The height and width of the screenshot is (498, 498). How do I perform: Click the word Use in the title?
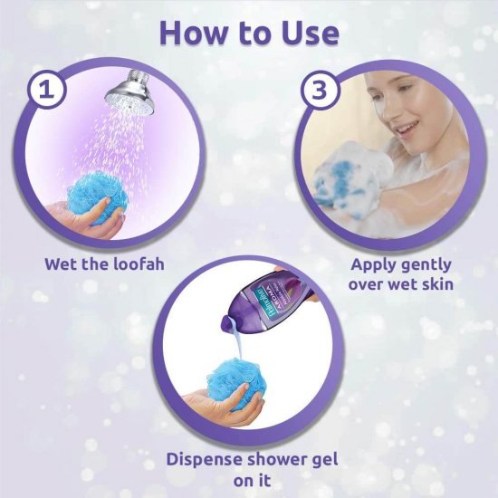click(x=309, y=33)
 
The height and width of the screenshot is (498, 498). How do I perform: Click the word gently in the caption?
click(x=434, y=265)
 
